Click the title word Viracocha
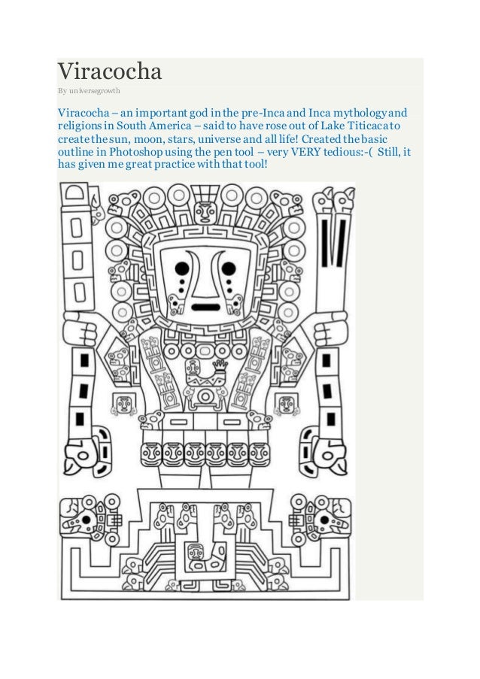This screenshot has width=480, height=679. (x=110, y=73)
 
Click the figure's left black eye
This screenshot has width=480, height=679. (x=181, y=267)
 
